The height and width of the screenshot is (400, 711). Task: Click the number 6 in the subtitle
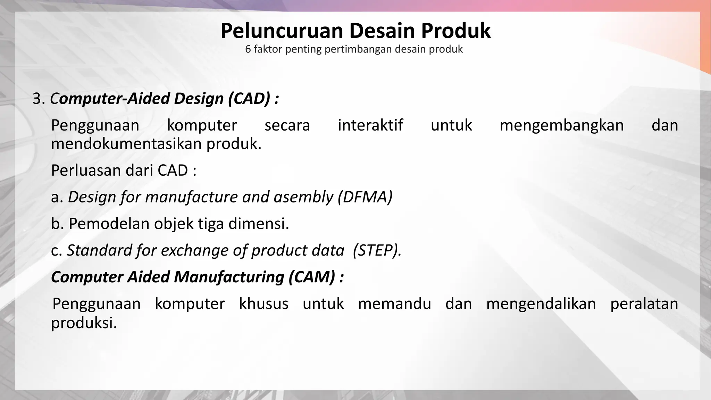(x=248, y=49)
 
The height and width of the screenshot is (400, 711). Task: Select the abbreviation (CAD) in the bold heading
(x=249, y=99)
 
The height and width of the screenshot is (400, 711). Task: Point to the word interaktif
(x=370, y=125)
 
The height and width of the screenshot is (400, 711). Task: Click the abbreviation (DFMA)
(x=365, y=197)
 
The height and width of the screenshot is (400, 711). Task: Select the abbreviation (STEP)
(x=377, y=250)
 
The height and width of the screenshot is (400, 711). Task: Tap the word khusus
(x=264, y=304)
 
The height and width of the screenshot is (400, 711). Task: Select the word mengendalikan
(x=541, y=304)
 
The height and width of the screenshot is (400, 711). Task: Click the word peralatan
(x=644, y=304)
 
